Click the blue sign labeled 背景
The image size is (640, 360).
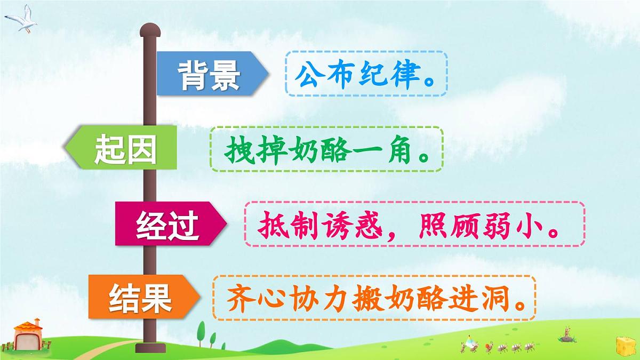pyautogui.click(x=211, y=74)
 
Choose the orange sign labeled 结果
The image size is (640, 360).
pyautogui.click(x=141, y=297)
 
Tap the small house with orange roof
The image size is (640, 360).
pyautogui.click(x=27, y=335)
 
